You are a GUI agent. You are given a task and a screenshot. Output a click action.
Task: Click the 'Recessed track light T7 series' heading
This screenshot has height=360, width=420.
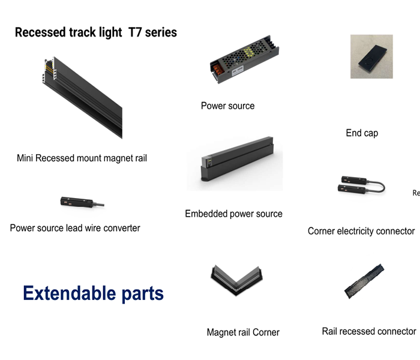pos(96,32)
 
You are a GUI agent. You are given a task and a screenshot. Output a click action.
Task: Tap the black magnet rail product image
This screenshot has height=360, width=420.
pos(83,97)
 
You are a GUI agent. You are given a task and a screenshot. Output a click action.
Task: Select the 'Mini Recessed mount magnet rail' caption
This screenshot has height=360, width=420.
pos(82,158)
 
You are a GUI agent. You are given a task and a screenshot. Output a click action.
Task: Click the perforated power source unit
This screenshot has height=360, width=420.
pos(244,59)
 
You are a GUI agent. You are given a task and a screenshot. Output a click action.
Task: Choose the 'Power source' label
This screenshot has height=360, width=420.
pos(227,106)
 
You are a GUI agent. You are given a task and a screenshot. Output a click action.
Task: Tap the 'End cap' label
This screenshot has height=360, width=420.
pos(362,133)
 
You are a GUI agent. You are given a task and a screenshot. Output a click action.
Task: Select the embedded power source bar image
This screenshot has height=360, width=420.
pos(238,159)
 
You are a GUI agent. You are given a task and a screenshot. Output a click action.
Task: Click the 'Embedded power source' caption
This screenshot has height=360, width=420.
pos(233,214)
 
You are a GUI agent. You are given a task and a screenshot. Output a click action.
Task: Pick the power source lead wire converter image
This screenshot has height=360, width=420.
pos(82,202)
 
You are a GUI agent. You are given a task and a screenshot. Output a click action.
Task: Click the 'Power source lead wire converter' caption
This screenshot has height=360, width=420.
pos(75,228)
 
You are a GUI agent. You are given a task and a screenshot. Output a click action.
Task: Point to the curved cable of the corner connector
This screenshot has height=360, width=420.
pos(377,187)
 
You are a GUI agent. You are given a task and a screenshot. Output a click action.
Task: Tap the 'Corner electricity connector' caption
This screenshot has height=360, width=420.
pos(361,231)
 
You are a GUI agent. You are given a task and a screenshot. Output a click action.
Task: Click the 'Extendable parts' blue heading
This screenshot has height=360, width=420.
pos(93,293)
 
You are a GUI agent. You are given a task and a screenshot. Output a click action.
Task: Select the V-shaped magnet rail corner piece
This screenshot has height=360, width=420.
pos(237,280)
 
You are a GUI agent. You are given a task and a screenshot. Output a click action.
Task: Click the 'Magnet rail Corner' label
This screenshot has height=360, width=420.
pos(243,332)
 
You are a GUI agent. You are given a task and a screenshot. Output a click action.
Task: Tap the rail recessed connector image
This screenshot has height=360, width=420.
pos(364,281)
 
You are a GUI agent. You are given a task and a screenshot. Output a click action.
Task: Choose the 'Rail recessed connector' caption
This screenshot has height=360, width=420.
pos(369,331)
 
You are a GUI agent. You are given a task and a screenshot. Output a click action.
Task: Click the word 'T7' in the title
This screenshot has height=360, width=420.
pos(135,32)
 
